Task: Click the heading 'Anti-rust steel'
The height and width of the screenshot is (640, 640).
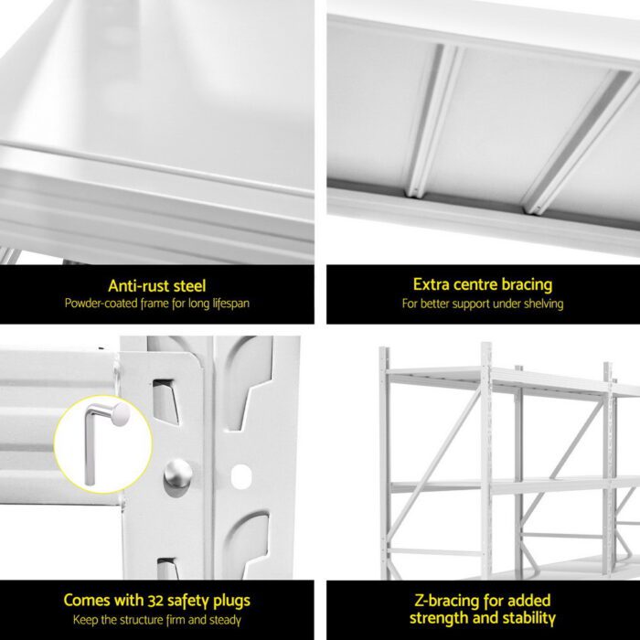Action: pyautogui.click(x=157, y=285)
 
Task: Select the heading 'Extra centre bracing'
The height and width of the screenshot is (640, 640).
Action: pyautogui.click(x=482, y=285)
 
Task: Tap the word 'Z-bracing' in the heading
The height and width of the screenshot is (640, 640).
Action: pyautogui.click(x=433, y=601)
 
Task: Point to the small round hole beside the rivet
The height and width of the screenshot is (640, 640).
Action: pyautogui.click(x=240, y=475)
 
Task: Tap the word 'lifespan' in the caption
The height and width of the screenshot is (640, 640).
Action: pyautogui.click(x=229, y=304)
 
